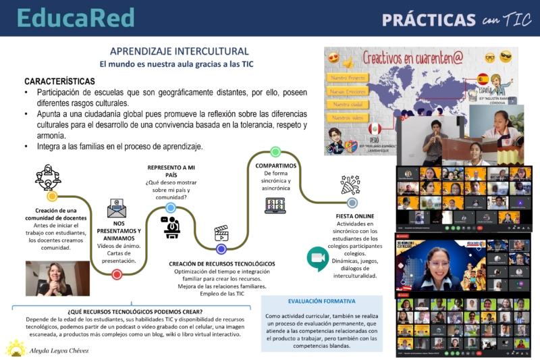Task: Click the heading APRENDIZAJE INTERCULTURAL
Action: tap(179, 51)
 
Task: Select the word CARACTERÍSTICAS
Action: tap(59, 80)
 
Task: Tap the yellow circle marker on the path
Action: tap(52, 197)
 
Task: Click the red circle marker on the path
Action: tap(117, 274)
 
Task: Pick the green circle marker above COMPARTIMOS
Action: tap(275, 152)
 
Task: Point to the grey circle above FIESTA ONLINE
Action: tap(352, 203)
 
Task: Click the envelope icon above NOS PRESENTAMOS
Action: tap(117, 207)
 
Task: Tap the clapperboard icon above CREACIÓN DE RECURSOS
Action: tap(221, 234)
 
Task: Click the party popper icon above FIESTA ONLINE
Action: tap(350, 184)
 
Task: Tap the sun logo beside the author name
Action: tap(16, 349)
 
